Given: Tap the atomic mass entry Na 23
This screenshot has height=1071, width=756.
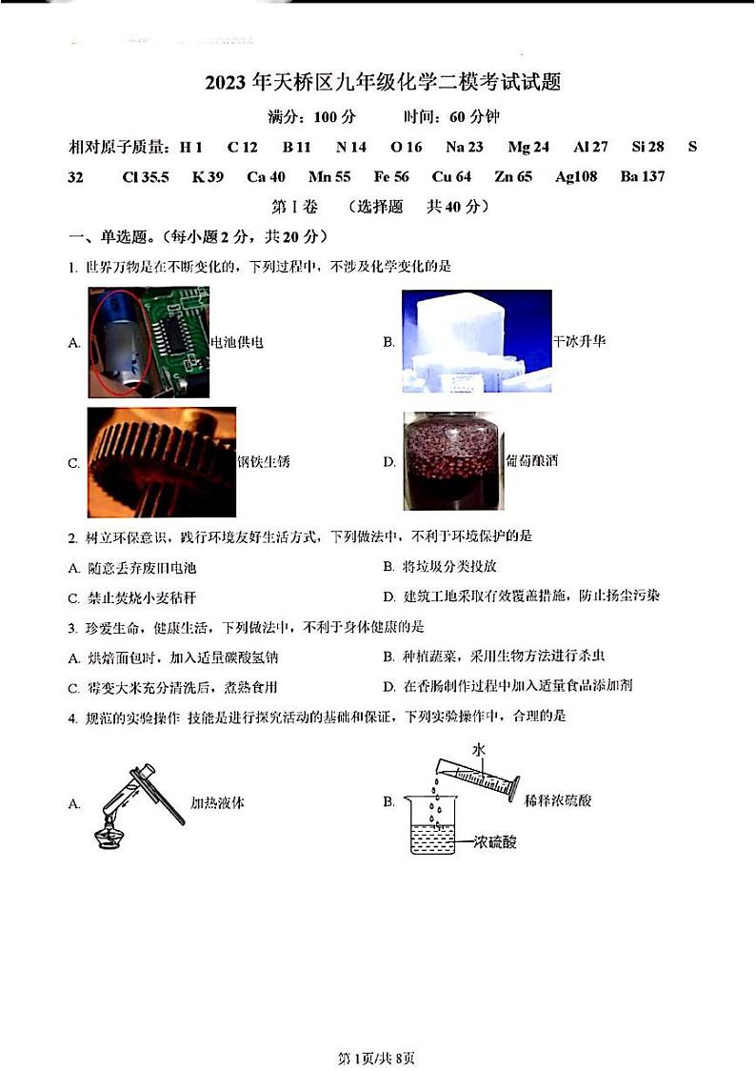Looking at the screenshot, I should click(x=464, y=147).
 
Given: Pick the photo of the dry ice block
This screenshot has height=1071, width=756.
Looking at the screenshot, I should click(x=476, y=341).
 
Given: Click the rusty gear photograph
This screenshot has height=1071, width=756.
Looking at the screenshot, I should click(x=161, y=462).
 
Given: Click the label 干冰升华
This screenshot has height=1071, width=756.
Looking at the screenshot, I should click(x=579, y=340).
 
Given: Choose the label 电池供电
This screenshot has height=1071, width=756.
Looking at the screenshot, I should click(x=236, y=341).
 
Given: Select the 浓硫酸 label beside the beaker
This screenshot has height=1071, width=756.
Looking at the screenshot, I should click(x=495, y=842).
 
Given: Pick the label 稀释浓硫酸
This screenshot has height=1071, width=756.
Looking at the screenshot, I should click(x=558, y=801).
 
